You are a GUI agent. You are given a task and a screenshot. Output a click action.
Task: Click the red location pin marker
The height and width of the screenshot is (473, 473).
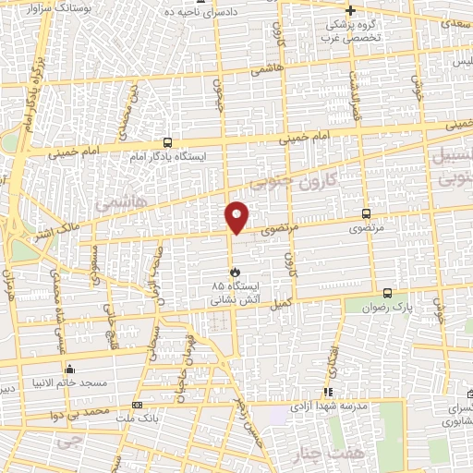click(237, 217)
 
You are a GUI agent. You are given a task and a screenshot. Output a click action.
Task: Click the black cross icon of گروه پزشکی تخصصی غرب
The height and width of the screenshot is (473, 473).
click(350, 9)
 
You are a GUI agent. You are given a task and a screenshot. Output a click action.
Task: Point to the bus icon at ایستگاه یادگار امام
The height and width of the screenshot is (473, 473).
click(167, 143)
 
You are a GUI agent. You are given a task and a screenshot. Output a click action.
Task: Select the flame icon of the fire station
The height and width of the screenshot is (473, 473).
click(235, 273)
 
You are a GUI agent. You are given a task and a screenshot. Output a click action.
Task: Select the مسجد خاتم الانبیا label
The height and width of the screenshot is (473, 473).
click(73, 382)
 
